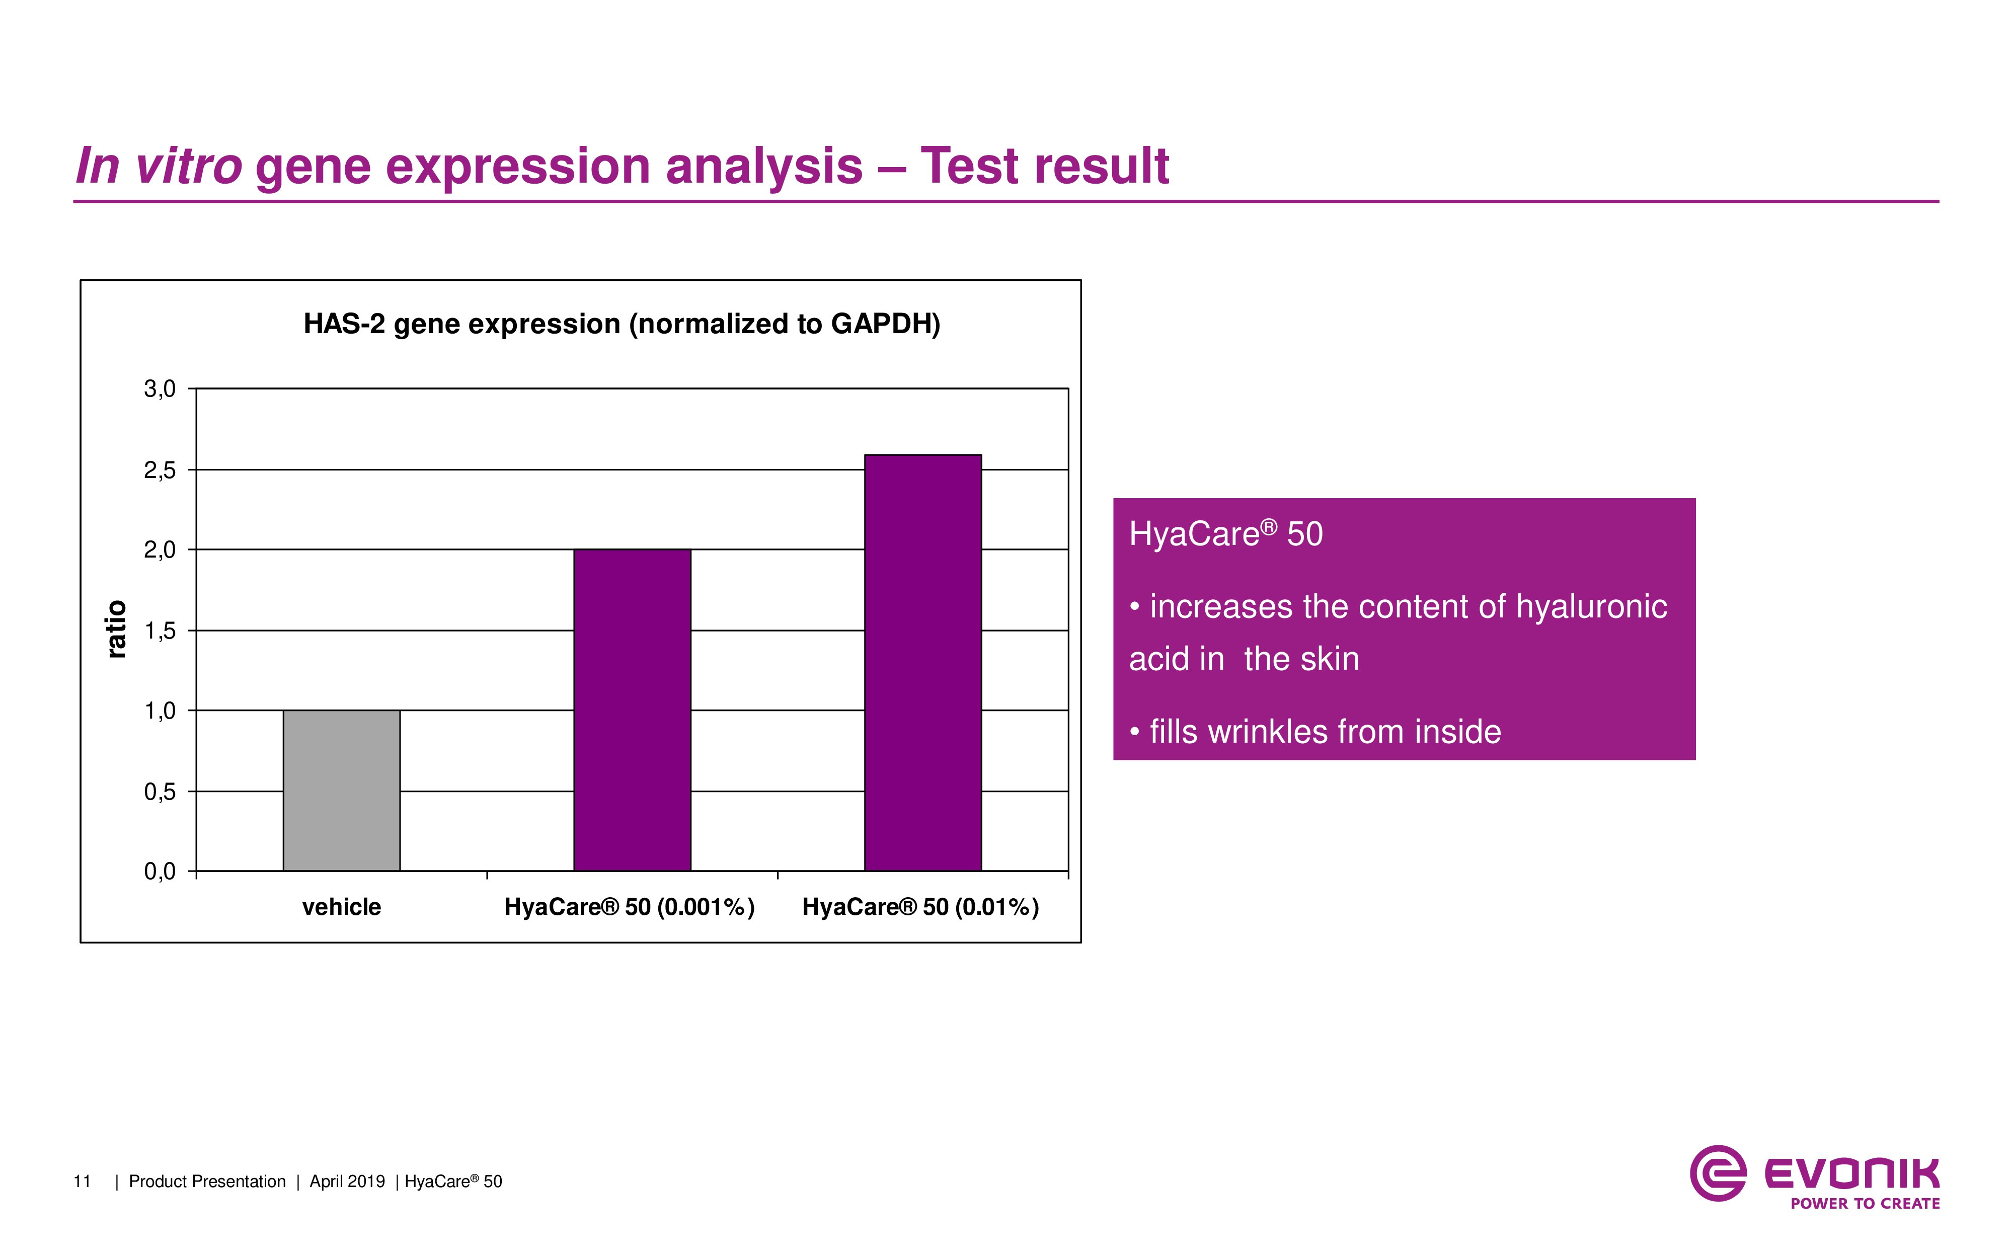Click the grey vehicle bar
tap(341, 791)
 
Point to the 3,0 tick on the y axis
tap(160, 388)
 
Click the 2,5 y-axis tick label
tap(160, 470)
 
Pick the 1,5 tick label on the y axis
tap(160, 631)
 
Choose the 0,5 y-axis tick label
tap(160, 791)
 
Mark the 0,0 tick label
tap(160, 871)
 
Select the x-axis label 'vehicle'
tap(341, 907)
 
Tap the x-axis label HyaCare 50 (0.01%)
tap(920, 907)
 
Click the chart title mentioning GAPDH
tap(622, 324)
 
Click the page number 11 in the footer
tap(82, 1182)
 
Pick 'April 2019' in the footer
tap(347, 1182)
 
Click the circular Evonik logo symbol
tap(1718, 1173)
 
